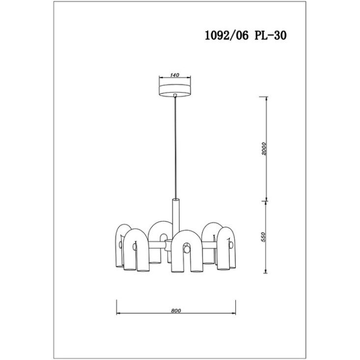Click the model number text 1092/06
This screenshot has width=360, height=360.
coord(226,35)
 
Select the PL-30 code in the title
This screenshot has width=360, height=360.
coord(271,35)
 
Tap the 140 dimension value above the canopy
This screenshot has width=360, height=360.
coord(175,75)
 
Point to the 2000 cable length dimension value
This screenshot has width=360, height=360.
coord(264,149)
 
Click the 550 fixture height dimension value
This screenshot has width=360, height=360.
coord(263,237)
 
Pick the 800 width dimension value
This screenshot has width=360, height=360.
coord(176,310)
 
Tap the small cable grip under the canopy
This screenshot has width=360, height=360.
coord(175,95)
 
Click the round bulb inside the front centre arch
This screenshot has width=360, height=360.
coord(187,249)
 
